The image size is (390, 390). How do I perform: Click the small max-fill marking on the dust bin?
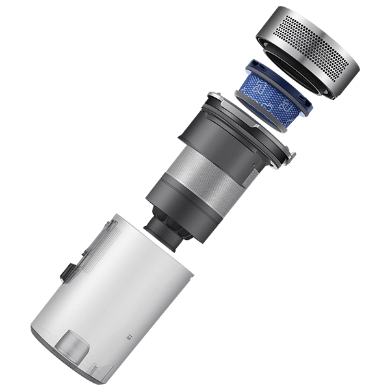pos(127,337)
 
